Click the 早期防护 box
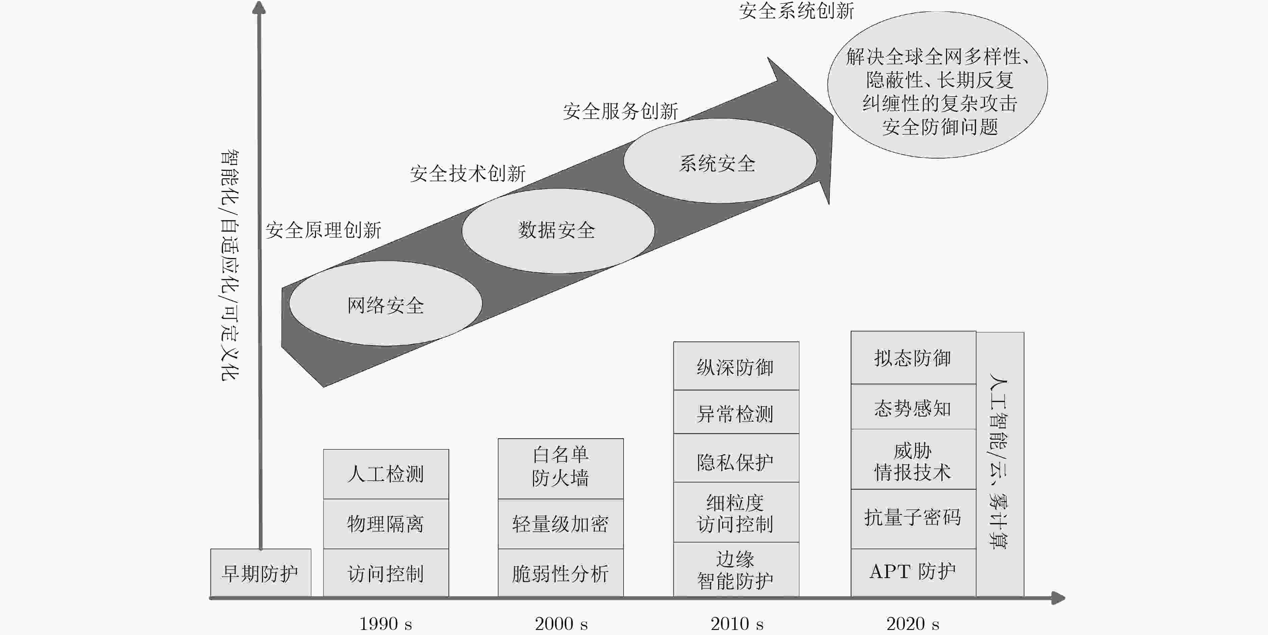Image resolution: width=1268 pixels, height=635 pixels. (x=260, y=573)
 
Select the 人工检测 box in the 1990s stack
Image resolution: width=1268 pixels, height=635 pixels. (x=386, y=474)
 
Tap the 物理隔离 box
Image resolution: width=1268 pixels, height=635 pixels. (x=386, y=524)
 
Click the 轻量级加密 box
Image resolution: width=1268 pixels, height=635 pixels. (x=561, y=524)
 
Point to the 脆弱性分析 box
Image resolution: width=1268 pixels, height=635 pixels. (x=561, y=573)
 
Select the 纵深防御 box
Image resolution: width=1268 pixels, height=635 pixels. (x=736, y=366)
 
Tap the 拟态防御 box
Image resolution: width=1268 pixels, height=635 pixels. (x=913, y=358)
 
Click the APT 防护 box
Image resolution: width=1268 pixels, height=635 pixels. (x=913, y=573)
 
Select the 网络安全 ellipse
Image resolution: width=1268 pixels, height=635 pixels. (x=385, y=304)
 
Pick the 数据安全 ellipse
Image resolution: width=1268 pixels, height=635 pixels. (x=558, y=231)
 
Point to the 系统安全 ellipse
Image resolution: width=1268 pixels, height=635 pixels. (x=720, y=161)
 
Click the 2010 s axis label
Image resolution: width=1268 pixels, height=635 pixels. (x=737, y=624)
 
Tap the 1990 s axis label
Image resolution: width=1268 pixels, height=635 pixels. (x=385, y=624)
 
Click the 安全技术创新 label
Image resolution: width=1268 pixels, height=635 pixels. (x=468, y=173)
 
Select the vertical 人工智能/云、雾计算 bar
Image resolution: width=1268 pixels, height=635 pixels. (x=1000, y=464)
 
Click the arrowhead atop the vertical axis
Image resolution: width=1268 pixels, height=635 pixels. (x=259, y=7)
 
